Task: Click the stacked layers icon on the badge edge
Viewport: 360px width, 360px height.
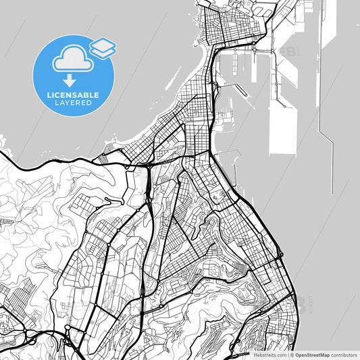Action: (x=102, y=47)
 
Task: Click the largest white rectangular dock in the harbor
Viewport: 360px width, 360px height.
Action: (x=282, y=128)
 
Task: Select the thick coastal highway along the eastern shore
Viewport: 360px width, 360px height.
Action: (x=267, y=230)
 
